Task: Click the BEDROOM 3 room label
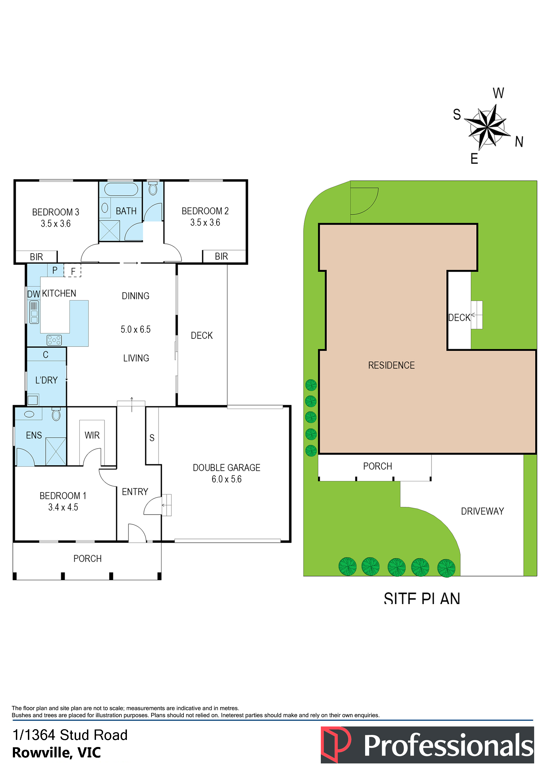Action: click(x=56, y=212)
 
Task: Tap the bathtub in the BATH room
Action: click(x=121, y=189)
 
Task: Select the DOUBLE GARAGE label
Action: click(x=227, y=468)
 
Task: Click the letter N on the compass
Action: click(x=519, y=142)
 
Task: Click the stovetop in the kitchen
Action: click(x=54, y=340)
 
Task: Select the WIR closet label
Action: click(x=92, y=435)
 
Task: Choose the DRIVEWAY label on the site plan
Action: click(x=482, y=511)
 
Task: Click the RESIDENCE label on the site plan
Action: click(x=391, y=365)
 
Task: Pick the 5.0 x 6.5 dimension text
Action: click(x=136, y=329)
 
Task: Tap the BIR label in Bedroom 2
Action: click(x=221, y=256)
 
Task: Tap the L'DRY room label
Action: click(x=46, y=380)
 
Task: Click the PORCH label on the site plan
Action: click(x=378, y=466)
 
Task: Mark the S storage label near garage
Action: click(x=152, y=438)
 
